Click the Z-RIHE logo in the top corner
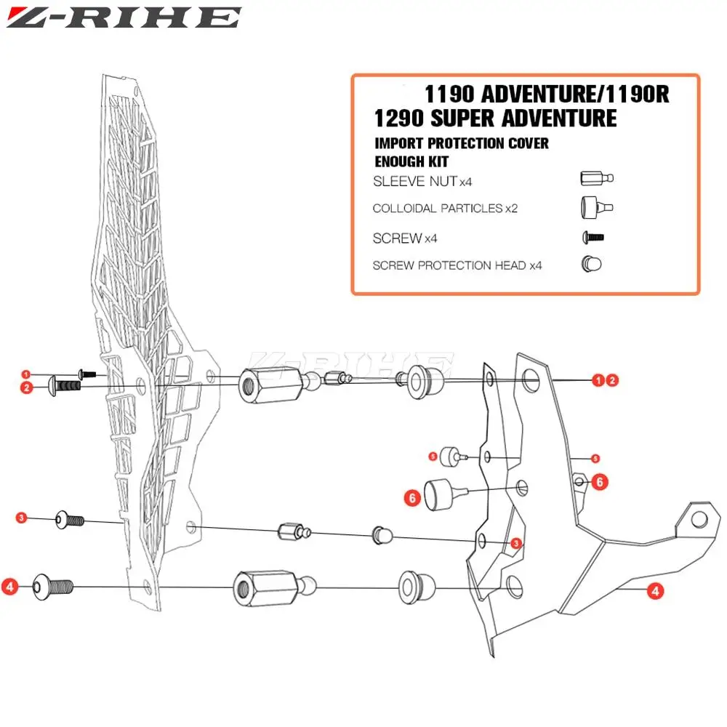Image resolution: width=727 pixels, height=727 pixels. point(124,17)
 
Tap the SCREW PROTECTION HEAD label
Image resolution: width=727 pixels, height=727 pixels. point(449,265)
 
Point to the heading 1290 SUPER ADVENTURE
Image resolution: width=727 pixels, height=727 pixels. point(495,117)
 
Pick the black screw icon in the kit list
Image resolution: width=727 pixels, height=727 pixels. point(593,237)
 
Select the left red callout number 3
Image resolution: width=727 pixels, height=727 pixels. point(22,518)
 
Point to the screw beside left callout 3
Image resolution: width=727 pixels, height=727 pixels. point(70,520)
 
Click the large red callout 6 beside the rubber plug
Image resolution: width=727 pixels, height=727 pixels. point(412,498)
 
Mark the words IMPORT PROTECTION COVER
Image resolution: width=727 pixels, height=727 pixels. point(461,143)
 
